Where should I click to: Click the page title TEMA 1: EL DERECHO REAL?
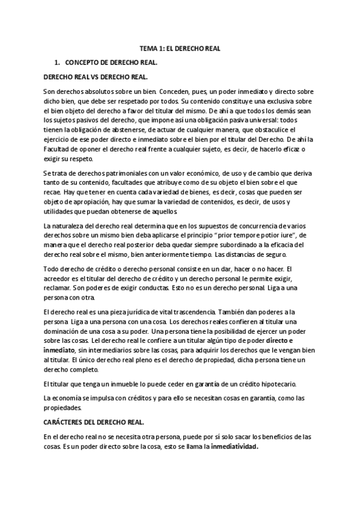[x=180, y=51]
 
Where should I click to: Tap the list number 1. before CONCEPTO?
[x=57, y=63]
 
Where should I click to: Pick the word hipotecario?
[x=273, y=384]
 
